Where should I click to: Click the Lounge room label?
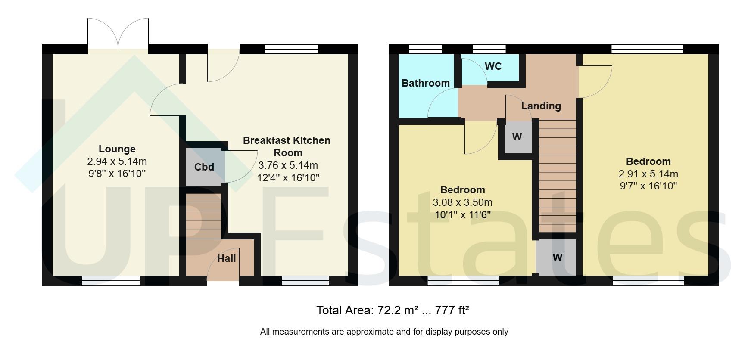(117, 149)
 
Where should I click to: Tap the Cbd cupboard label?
(204, 167)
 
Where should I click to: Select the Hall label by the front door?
(226, 258)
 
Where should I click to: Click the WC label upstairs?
(493, 66)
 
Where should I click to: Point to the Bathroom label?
(425, 83)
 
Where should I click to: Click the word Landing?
(541, 106)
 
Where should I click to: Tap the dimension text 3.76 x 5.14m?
(288, 165)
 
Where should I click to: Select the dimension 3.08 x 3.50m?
(462, 202)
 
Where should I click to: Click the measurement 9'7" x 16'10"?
(648, 186)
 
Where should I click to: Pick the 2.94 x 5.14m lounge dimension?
(117, 161)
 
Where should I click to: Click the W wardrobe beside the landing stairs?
(517, 137)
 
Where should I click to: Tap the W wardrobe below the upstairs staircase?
(557, 258)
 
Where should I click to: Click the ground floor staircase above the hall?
(203, 216)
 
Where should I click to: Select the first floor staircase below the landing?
(557, 177)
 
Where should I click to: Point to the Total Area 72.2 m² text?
(367, 310)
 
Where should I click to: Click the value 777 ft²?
(452, 310)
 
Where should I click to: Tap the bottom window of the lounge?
(111, 281)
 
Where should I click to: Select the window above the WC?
(489, 49)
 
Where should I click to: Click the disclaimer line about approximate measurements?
(384, 332)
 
